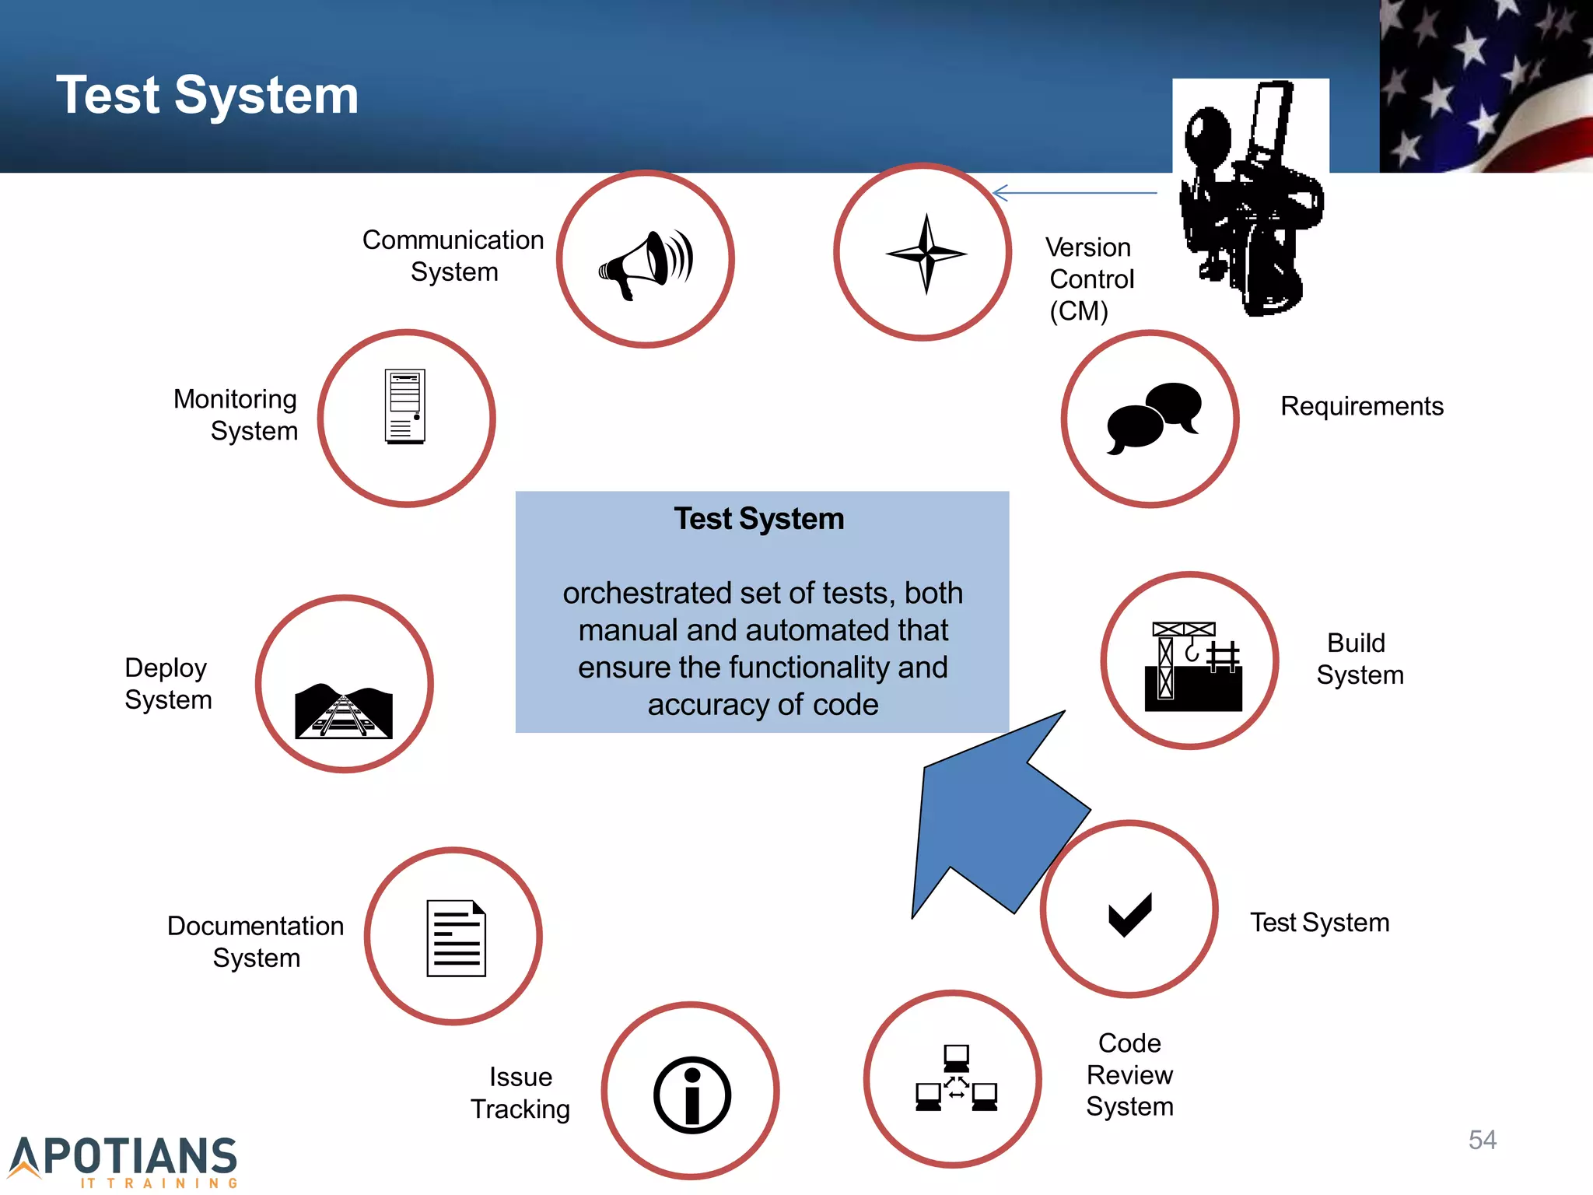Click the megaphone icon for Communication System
[646, 263]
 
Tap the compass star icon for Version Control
[926, 254]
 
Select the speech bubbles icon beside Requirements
[1153, 418]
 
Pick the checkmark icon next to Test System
[1129, 914]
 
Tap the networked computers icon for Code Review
[956, 1078]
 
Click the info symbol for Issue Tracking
[691, 1095]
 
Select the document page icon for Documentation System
[456, 938]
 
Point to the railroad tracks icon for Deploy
[344, 711]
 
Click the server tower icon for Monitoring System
[405, 406]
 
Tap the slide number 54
[1482, 1140]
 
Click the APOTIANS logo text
[124, 1158]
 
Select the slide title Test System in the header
[207, 95]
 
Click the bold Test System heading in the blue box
[758, 519]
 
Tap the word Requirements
[1361, 406]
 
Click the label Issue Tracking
[520, 1092]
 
